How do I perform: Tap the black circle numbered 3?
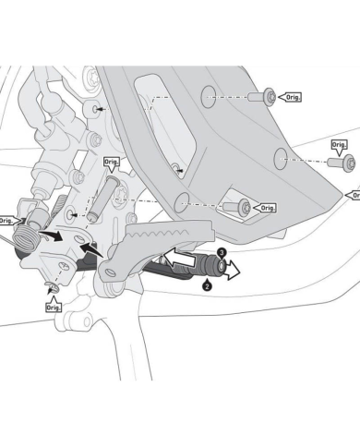(x=222, y=250)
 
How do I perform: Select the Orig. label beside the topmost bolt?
(x=293, y=95)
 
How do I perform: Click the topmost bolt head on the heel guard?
(x=268, y=95)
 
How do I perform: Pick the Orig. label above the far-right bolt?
(x=341, y=145)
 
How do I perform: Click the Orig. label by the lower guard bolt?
(x=266, y=208)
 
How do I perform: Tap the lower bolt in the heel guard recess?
(x=242, y=208)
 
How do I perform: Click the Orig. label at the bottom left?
(x=53, y=308)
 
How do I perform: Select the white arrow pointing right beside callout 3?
(x=234, y=270)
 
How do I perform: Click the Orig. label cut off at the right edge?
(x=354, y=195)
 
